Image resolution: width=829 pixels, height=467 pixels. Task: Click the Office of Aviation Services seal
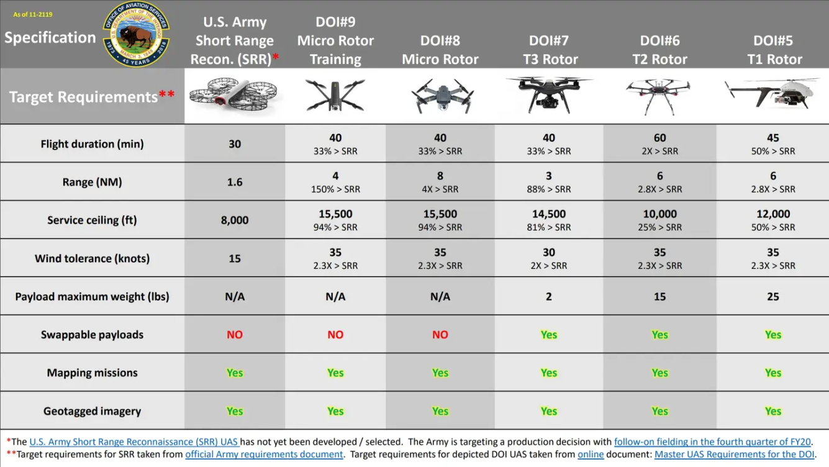(136, 34)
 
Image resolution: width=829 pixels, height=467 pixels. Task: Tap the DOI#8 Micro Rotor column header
(440, 50)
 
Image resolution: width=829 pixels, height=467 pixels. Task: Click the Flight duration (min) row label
(92, 144)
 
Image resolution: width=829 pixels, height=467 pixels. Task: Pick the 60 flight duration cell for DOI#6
(659, 138)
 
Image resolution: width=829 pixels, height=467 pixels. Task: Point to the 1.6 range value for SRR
(235, 182)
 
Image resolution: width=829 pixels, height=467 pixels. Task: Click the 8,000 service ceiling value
(235, 220)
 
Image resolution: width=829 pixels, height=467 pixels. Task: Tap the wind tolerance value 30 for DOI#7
(549, 253)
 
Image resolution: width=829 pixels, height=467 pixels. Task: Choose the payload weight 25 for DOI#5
(772, 297)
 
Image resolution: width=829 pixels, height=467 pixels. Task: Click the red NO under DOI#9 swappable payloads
(335, 335)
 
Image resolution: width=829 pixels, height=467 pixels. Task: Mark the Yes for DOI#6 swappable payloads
(659, 335)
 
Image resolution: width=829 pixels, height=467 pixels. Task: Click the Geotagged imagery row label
(92, 411)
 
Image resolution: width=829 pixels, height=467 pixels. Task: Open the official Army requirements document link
(264, 454)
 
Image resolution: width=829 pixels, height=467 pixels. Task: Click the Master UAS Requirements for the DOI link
(734, 454)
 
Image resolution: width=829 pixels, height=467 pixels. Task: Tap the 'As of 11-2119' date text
(33, 14)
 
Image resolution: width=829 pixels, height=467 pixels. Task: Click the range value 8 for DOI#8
(440, 176)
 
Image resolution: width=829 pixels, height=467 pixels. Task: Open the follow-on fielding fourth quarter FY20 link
(712, 442)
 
